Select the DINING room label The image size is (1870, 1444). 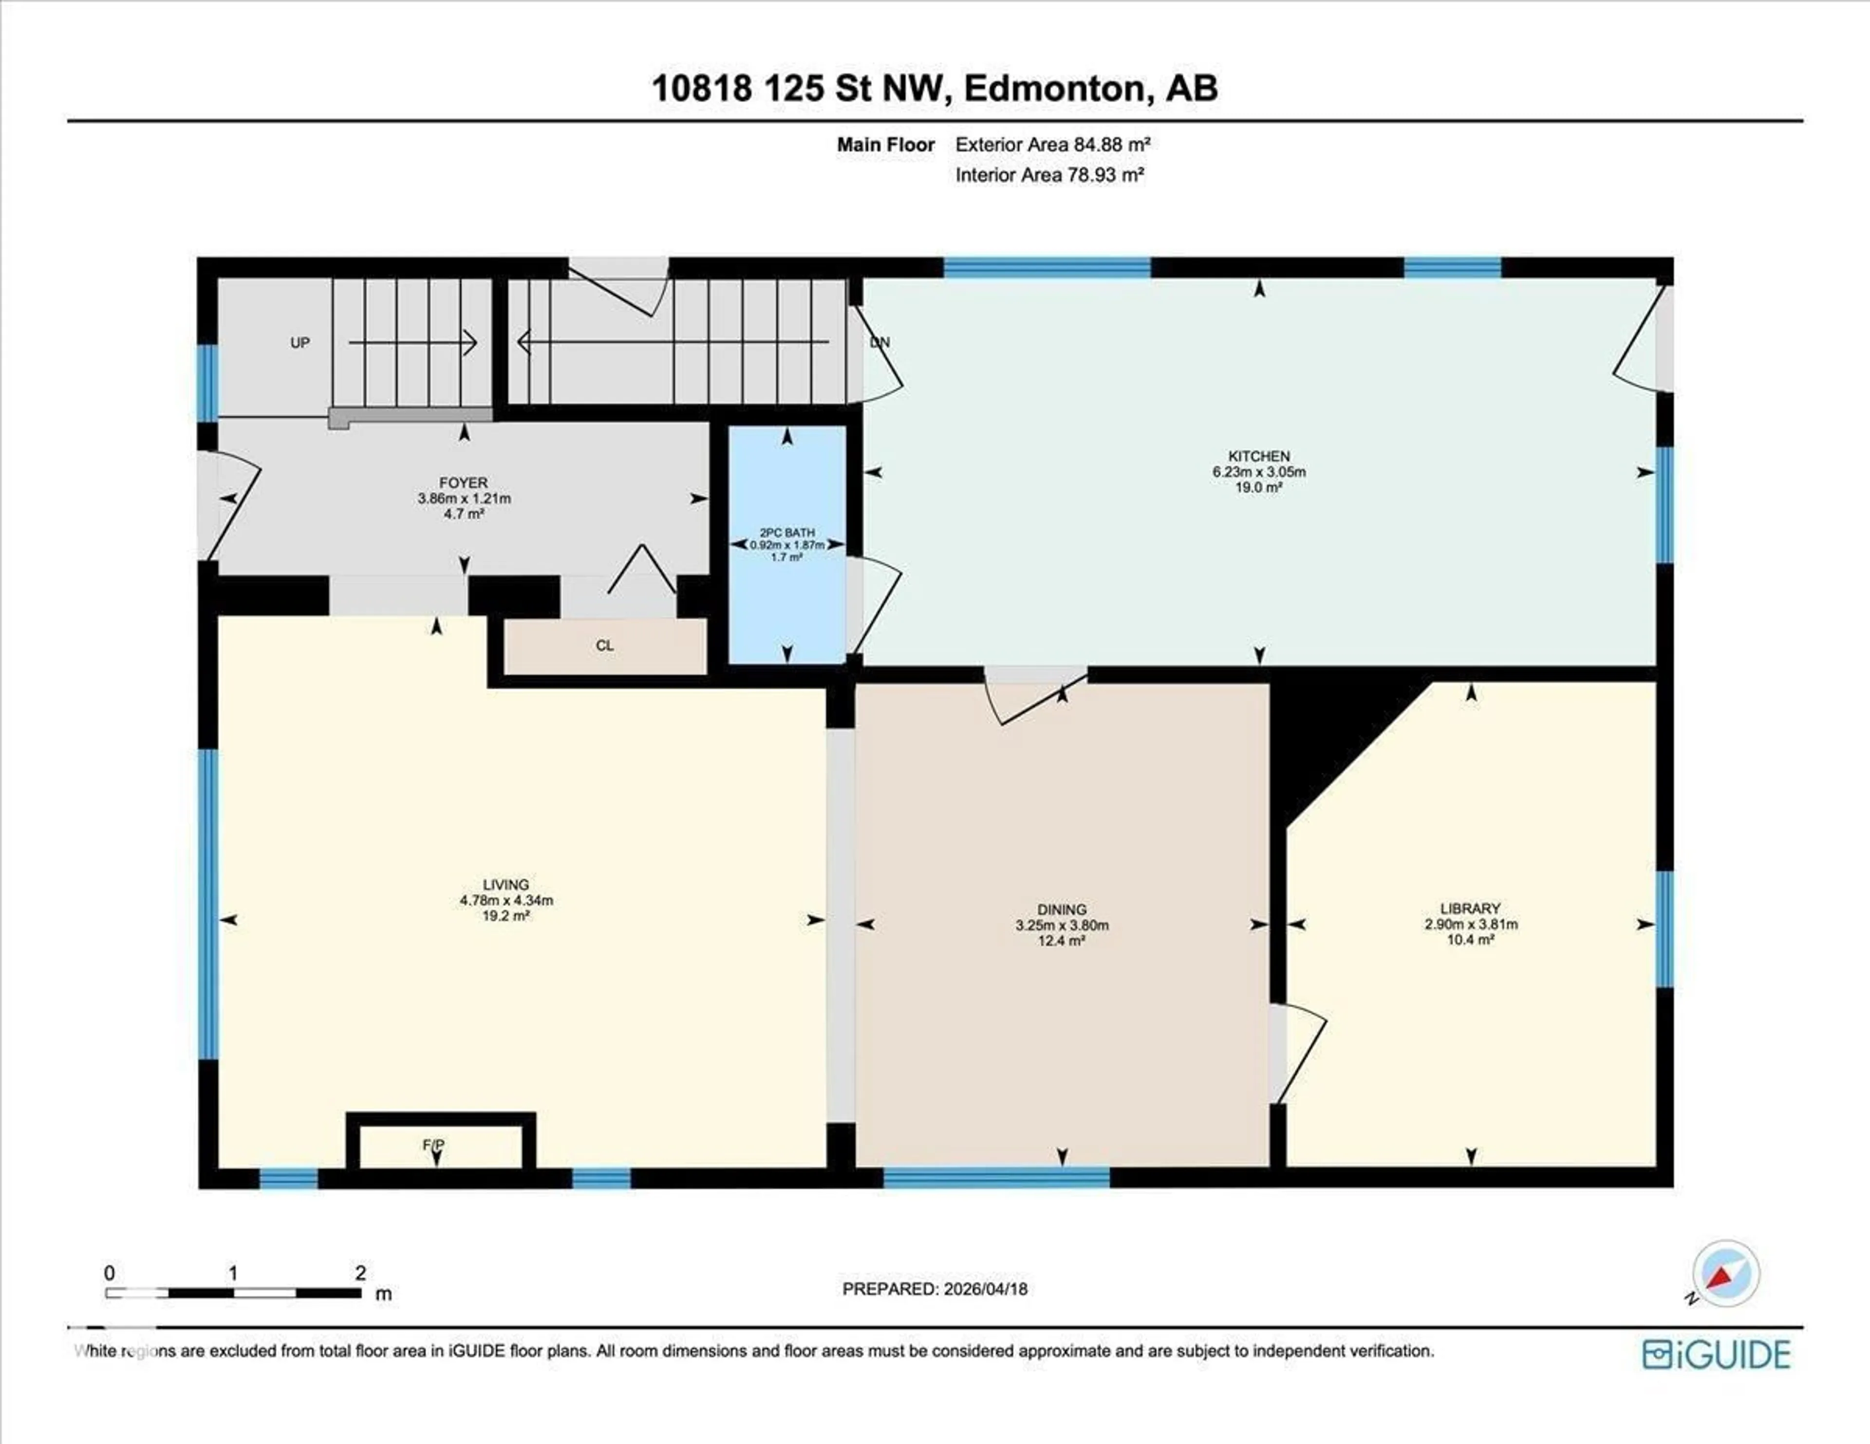click(1062, 909)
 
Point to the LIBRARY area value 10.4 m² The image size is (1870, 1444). click(1470, 939)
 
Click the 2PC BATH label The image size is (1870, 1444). click(787, 533)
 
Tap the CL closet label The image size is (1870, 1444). click(604, 646)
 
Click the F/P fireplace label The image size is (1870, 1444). click(433, 1145)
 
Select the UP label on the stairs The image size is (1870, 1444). click(299, 342)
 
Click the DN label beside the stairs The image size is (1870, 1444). click(880, 342)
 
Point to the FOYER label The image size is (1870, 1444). click(463, 483)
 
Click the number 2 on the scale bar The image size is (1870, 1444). click(360, 1273)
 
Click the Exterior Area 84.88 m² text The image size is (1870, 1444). click(1052, 145)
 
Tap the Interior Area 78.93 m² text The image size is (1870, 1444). click(1050, 175)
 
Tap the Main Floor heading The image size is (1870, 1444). click(885, 145)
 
